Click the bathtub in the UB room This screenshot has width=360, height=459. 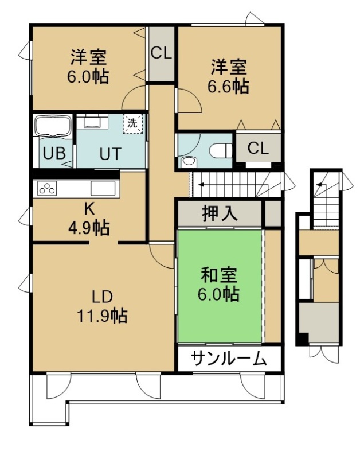53,125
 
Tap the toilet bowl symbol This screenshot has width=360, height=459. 221,151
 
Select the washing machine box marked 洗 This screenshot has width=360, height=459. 132,123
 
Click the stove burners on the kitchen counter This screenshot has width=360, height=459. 47,188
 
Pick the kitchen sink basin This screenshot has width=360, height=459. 103,188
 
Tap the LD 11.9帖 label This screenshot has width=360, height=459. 102,306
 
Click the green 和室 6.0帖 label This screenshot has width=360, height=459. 219,285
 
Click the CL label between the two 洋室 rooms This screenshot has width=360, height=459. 161,53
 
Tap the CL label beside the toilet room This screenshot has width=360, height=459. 258,148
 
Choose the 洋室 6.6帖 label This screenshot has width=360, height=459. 228,76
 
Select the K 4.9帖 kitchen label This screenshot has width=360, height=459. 89,219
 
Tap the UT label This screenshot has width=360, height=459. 110,154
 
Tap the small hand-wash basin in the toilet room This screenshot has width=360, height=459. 189,161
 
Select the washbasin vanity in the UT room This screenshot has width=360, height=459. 92,122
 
